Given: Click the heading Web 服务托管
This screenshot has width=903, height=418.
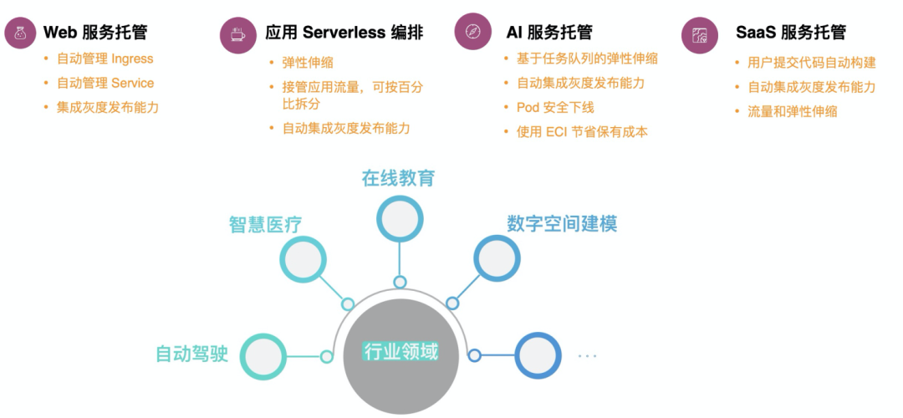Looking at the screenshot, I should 95,33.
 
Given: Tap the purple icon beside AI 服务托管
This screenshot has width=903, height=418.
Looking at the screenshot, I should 472,32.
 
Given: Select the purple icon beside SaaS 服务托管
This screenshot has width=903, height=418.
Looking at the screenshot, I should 700,34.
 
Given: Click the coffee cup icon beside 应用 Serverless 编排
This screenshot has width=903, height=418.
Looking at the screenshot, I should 238,34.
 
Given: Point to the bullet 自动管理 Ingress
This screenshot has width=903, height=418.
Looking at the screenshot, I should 105,59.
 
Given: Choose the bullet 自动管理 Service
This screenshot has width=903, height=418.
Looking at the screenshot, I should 105,84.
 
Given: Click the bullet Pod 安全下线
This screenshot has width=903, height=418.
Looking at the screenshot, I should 555,108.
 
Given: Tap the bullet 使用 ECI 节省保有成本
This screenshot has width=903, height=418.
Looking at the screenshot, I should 582,132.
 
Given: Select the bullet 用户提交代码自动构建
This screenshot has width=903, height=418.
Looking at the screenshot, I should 811,63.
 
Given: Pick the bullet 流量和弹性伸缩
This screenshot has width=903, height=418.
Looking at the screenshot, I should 792,111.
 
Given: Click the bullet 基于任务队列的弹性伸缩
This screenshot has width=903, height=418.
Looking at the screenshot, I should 587,59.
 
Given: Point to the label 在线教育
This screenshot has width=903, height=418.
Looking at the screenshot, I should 398,178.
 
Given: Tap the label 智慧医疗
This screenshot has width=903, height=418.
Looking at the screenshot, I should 266,224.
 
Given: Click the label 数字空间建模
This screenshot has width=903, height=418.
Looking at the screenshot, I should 562,224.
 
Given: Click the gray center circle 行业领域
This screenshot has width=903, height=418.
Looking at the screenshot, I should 400,352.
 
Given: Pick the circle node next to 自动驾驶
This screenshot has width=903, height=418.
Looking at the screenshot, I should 263,356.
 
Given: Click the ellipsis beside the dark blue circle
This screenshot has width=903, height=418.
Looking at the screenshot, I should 587,356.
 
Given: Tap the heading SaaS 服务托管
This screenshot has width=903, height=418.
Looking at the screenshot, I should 791,33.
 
